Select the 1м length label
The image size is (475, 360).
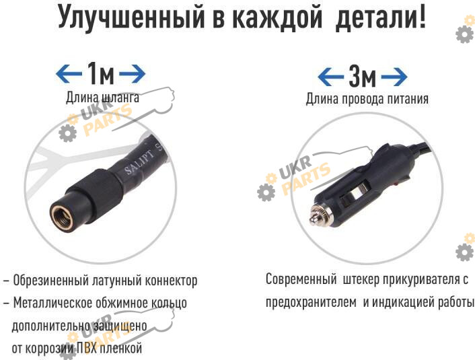point(101,73)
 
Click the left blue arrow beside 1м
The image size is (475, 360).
point(69,73)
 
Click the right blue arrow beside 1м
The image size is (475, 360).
point(133,73)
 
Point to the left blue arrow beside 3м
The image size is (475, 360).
point(331,77)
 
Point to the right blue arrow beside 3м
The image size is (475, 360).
point(394,77)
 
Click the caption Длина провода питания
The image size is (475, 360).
point(367,99)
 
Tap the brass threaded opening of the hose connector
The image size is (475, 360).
point(61,217)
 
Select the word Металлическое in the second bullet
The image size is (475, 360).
point(52,303)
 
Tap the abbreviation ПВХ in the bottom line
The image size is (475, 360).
point(86,348)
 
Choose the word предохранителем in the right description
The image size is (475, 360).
point(311,302)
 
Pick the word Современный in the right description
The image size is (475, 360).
point(301,279)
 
